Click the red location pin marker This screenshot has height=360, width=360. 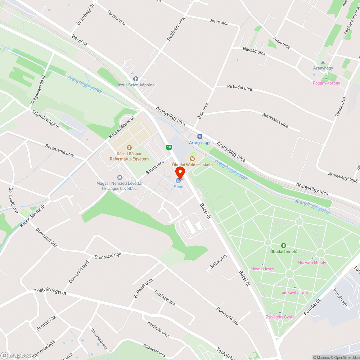[180, 172]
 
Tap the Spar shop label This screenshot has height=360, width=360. [178, 187]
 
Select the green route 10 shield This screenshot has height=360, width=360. [168, 147]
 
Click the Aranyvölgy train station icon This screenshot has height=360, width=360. [200, 136]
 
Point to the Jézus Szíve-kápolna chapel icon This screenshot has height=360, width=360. [136, 78]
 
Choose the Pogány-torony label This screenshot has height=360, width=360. [326, 83]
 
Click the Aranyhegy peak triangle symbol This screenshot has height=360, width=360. [323, 62]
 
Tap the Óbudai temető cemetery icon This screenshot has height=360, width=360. [284, 246]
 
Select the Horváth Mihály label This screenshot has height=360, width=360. [312, 262]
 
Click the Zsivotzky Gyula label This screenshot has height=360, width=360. [280, 317]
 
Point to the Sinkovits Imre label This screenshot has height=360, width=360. [294, 292]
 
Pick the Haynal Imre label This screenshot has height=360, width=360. [262, 269]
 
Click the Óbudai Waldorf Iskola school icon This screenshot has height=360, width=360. [192, 158]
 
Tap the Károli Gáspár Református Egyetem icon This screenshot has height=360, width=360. [129, 147]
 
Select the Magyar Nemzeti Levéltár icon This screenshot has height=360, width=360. [120, 177]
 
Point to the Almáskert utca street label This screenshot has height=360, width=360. [275, 120]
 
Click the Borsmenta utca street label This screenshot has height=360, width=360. [60, 150]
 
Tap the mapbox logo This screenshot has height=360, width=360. [16, 355]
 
